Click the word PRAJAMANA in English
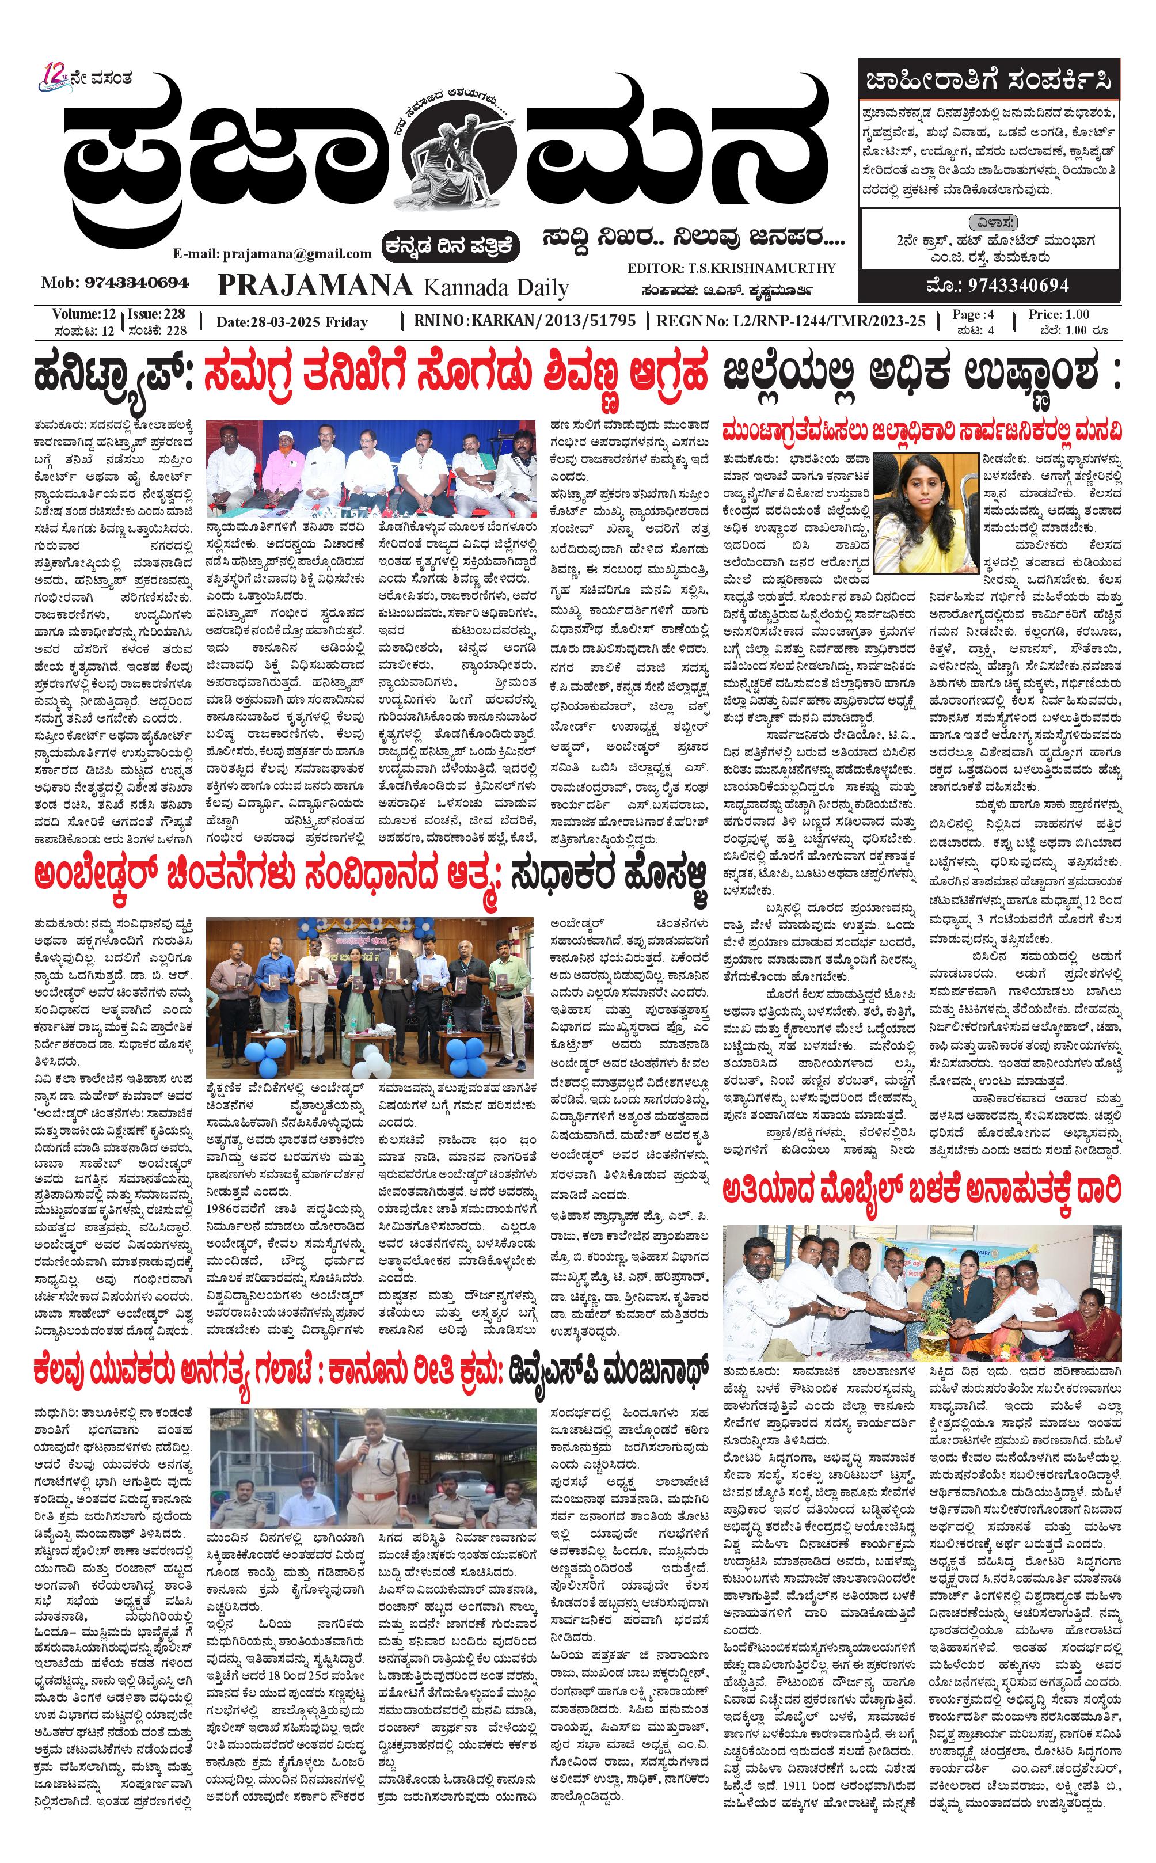pyautogui.click(x=315, y=286)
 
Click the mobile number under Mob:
pyautogui.click(x=137, y=283)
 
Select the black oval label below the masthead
pyautogui.click(x=452, y=246)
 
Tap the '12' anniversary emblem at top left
pyautogui.click(x=55, y=77)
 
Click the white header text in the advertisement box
pyautogui.click(x=988, y=79)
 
